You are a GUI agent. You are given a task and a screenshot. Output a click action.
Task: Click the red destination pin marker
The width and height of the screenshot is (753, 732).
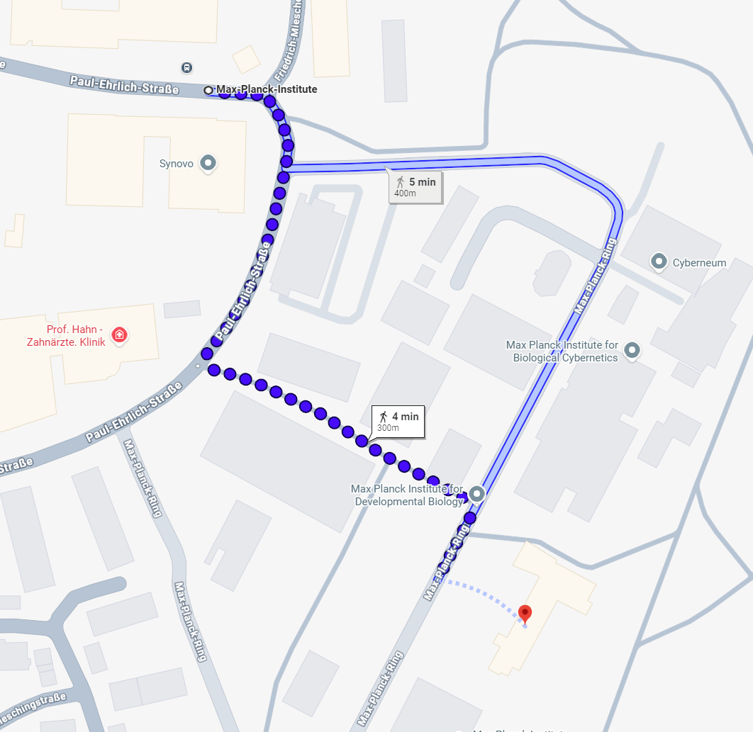coord(525,613)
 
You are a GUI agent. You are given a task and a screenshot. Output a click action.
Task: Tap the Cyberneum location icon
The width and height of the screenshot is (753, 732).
coord(659,263)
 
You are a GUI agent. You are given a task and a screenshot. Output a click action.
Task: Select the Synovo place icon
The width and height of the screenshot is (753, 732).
coord(208,164)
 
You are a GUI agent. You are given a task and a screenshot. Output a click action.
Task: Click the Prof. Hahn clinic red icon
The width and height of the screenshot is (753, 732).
coord(119,334)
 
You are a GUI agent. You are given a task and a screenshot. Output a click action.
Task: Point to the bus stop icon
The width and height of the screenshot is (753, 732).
coord(186,68)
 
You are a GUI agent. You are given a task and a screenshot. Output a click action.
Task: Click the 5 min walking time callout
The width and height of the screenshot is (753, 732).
coord(415,187)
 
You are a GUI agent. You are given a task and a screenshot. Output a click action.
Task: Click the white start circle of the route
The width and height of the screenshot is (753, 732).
coord(208,90)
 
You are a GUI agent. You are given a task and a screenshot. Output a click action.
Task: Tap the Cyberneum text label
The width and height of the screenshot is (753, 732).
coord(699,263)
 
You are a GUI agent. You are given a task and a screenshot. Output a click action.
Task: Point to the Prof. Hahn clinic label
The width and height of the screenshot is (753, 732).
coord(75,336)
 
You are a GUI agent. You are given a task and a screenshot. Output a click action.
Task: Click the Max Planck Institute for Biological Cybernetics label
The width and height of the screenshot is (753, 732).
coord(562,351)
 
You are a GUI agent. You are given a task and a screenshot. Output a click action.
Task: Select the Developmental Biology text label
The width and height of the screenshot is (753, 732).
coord(408,495)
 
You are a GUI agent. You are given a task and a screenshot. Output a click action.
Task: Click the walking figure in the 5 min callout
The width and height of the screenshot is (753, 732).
coord(401,182)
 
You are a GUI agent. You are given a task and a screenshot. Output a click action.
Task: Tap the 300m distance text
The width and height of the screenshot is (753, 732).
coord(388,428)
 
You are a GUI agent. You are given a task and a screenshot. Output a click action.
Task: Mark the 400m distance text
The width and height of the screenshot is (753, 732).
coord(405,193)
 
